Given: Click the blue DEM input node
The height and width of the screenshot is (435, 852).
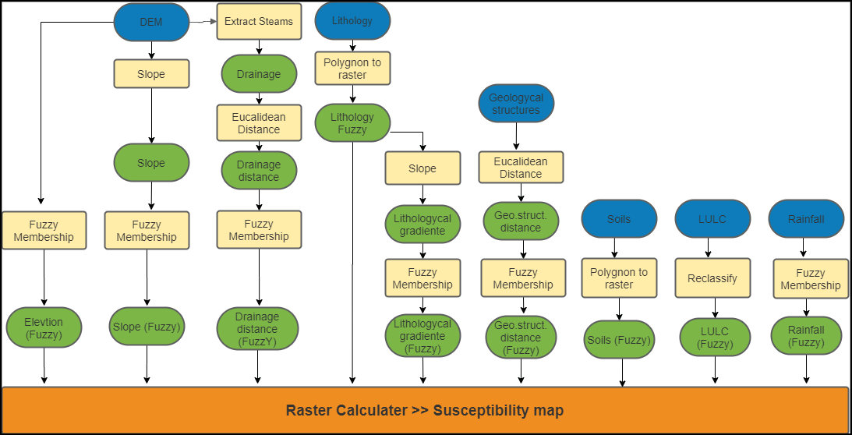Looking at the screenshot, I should click(x=151, y=22).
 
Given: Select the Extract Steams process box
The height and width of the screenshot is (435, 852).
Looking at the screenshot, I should click(x=259, y=22).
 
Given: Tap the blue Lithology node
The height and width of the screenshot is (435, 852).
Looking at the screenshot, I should click(x=352, y=21).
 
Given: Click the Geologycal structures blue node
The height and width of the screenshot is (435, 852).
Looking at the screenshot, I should click(x=515, y=104).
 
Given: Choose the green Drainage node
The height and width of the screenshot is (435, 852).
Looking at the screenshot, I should click(x=259, y=74).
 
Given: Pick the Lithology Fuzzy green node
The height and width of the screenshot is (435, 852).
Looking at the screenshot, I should click(x=352, y=123).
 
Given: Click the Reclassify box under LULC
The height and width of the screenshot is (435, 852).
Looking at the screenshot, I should click(x=712, y=278).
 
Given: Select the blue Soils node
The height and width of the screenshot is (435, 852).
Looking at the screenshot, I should click(x=619, y=219).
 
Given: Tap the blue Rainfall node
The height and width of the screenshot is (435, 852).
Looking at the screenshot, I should click(x=806, y=219).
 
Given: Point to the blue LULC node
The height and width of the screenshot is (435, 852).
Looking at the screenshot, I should click(x=712, y=219).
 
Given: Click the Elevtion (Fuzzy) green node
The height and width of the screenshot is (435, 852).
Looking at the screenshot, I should click(x=44, y=328).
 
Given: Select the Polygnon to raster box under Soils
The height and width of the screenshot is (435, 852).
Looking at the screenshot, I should click(x=619, y=278).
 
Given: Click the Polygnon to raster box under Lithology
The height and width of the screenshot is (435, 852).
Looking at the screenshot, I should click(x=352, y=69).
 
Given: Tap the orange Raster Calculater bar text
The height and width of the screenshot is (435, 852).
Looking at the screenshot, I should click(x=425, y=410).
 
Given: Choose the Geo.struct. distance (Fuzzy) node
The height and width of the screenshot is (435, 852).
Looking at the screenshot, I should click(x=521, y=338).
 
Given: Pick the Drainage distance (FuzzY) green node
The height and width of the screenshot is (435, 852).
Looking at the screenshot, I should click(x=257, y=329).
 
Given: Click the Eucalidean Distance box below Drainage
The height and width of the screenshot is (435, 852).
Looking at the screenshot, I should click(x=259, y=123).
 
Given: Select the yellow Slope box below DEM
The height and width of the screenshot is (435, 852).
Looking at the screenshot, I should click(x=151, y=74).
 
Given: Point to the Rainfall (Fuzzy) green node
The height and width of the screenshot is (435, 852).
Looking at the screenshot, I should click(x=806, y=336).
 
